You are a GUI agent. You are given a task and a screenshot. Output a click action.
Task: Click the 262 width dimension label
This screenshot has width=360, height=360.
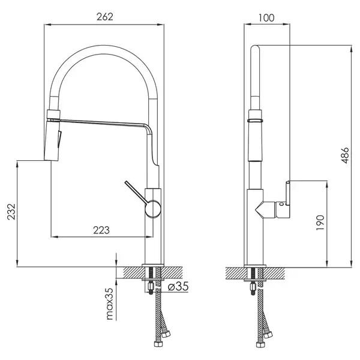(x=104, y=17)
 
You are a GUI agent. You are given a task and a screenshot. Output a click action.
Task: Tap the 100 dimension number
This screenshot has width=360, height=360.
(x=266, y=17)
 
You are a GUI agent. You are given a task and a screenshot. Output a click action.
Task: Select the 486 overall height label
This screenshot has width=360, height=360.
(x=345, y=155)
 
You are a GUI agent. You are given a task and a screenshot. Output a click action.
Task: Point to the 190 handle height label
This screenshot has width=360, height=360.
(x=320, y=223)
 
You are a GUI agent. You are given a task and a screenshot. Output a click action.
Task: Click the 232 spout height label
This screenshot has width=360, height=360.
(x=11, y=212)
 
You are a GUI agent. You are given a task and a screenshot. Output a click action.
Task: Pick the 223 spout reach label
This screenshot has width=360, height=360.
(x=101, y=230)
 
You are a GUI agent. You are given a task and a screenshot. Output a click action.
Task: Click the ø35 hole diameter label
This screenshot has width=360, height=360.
(x=178, y=286)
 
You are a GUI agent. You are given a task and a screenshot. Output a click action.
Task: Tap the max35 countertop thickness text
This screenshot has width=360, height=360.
(x=110, y=304)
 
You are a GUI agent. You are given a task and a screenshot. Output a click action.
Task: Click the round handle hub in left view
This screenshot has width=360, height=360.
(x=152, y=209)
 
